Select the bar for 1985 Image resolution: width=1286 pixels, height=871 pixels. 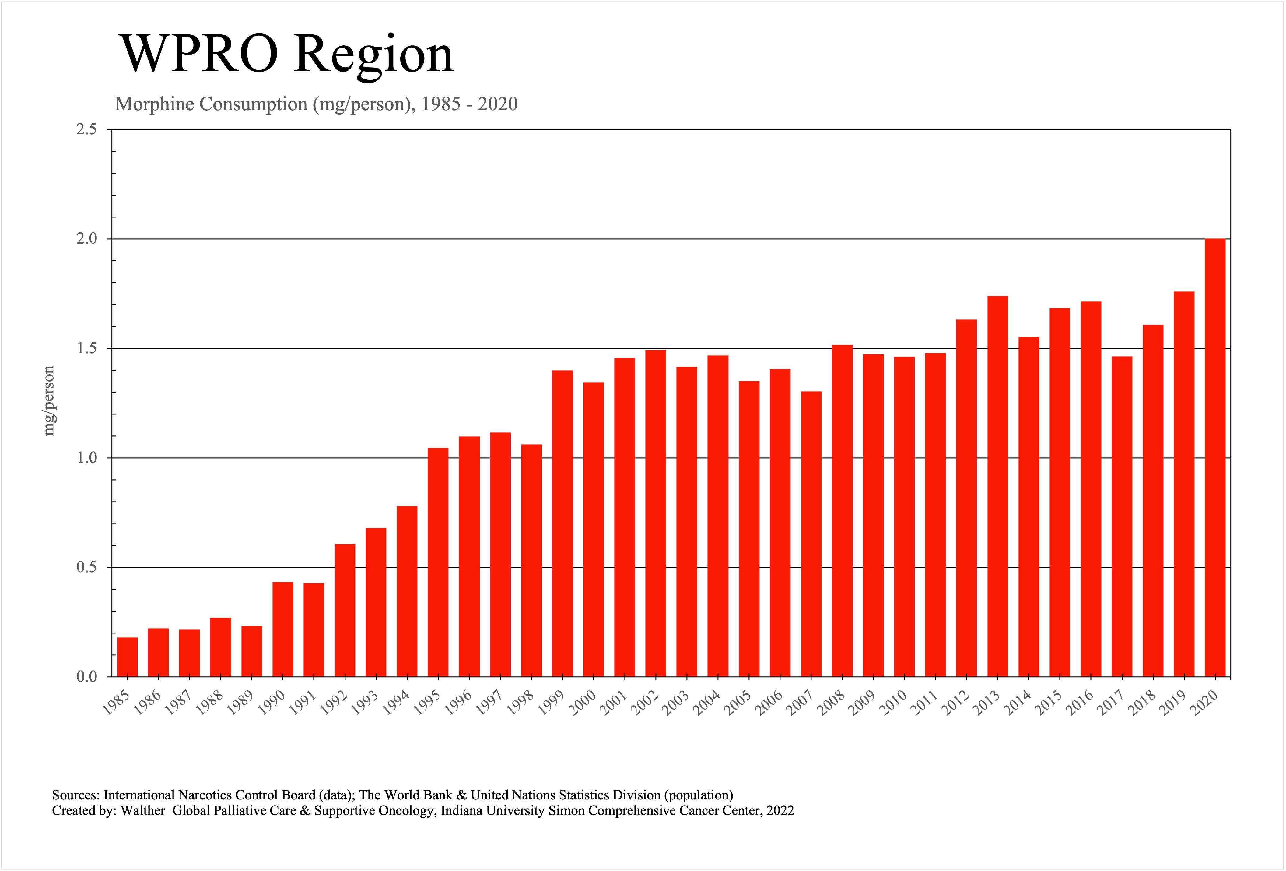tap(127, 657)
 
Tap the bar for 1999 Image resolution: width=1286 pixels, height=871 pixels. tap(562, 524)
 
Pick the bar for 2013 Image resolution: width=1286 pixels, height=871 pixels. tap(998, 487)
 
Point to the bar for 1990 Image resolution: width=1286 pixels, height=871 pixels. tap(283, 629)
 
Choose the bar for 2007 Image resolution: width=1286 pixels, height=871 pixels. tap(811, 534)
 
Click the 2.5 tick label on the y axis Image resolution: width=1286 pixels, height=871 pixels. tap(86, 129)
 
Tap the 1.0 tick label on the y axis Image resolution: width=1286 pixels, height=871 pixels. tap(86, 458)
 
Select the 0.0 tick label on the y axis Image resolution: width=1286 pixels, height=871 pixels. tap(86, 677)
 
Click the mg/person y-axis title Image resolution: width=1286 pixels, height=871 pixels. tap(49, 400)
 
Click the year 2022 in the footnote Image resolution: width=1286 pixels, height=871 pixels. tap(780, 811)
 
